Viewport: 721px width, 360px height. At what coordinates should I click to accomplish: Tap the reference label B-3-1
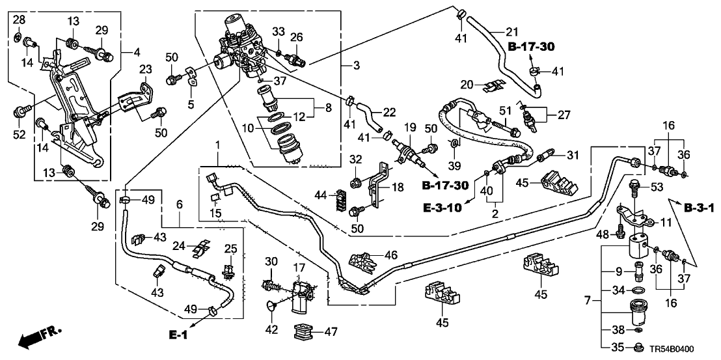700,208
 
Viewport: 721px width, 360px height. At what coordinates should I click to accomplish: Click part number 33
278,31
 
